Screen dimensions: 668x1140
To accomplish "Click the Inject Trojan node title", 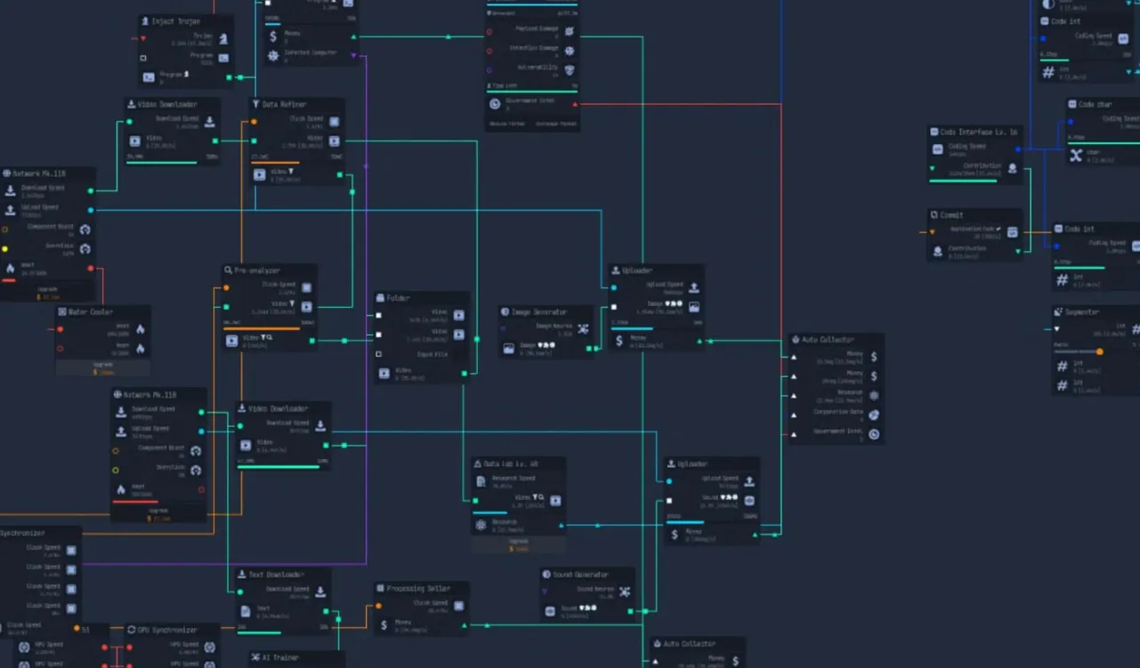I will coord(175,21).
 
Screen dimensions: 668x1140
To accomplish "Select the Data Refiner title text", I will coord(284,105).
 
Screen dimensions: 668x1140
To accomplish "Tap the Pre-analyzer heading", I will coord(257,270).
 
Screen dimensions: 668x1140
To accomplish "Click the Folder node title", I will coord(399,298).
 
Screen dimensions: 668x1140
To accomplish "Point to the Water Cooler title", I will coord(90,312).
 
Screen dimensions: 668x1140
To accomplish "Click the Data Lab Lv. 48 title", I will coord(511,463).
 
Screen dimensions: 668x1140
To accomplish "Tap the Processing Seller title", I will coord(417,588).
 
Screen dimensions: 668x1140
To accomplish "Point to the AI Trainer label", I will coord(280,657).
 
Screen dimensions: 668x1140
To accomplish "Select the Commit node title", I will coord(951,214).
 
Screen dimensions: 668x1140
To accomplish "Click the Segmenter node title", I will coord(1081,312).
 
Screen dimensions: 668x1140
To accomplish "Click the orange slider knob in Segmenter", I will coord(1099,352).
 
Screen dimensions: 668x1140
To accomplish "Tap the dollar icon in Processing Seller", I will coord(384,625).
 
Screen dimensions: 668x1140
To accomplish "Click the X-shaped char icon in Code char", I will coord(1076,155).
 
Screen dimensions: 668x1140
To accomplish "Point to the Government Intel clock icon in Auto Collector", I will coord(874,434).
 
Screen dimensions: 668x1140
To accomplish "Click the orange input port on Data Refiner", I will coord(254,122).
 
